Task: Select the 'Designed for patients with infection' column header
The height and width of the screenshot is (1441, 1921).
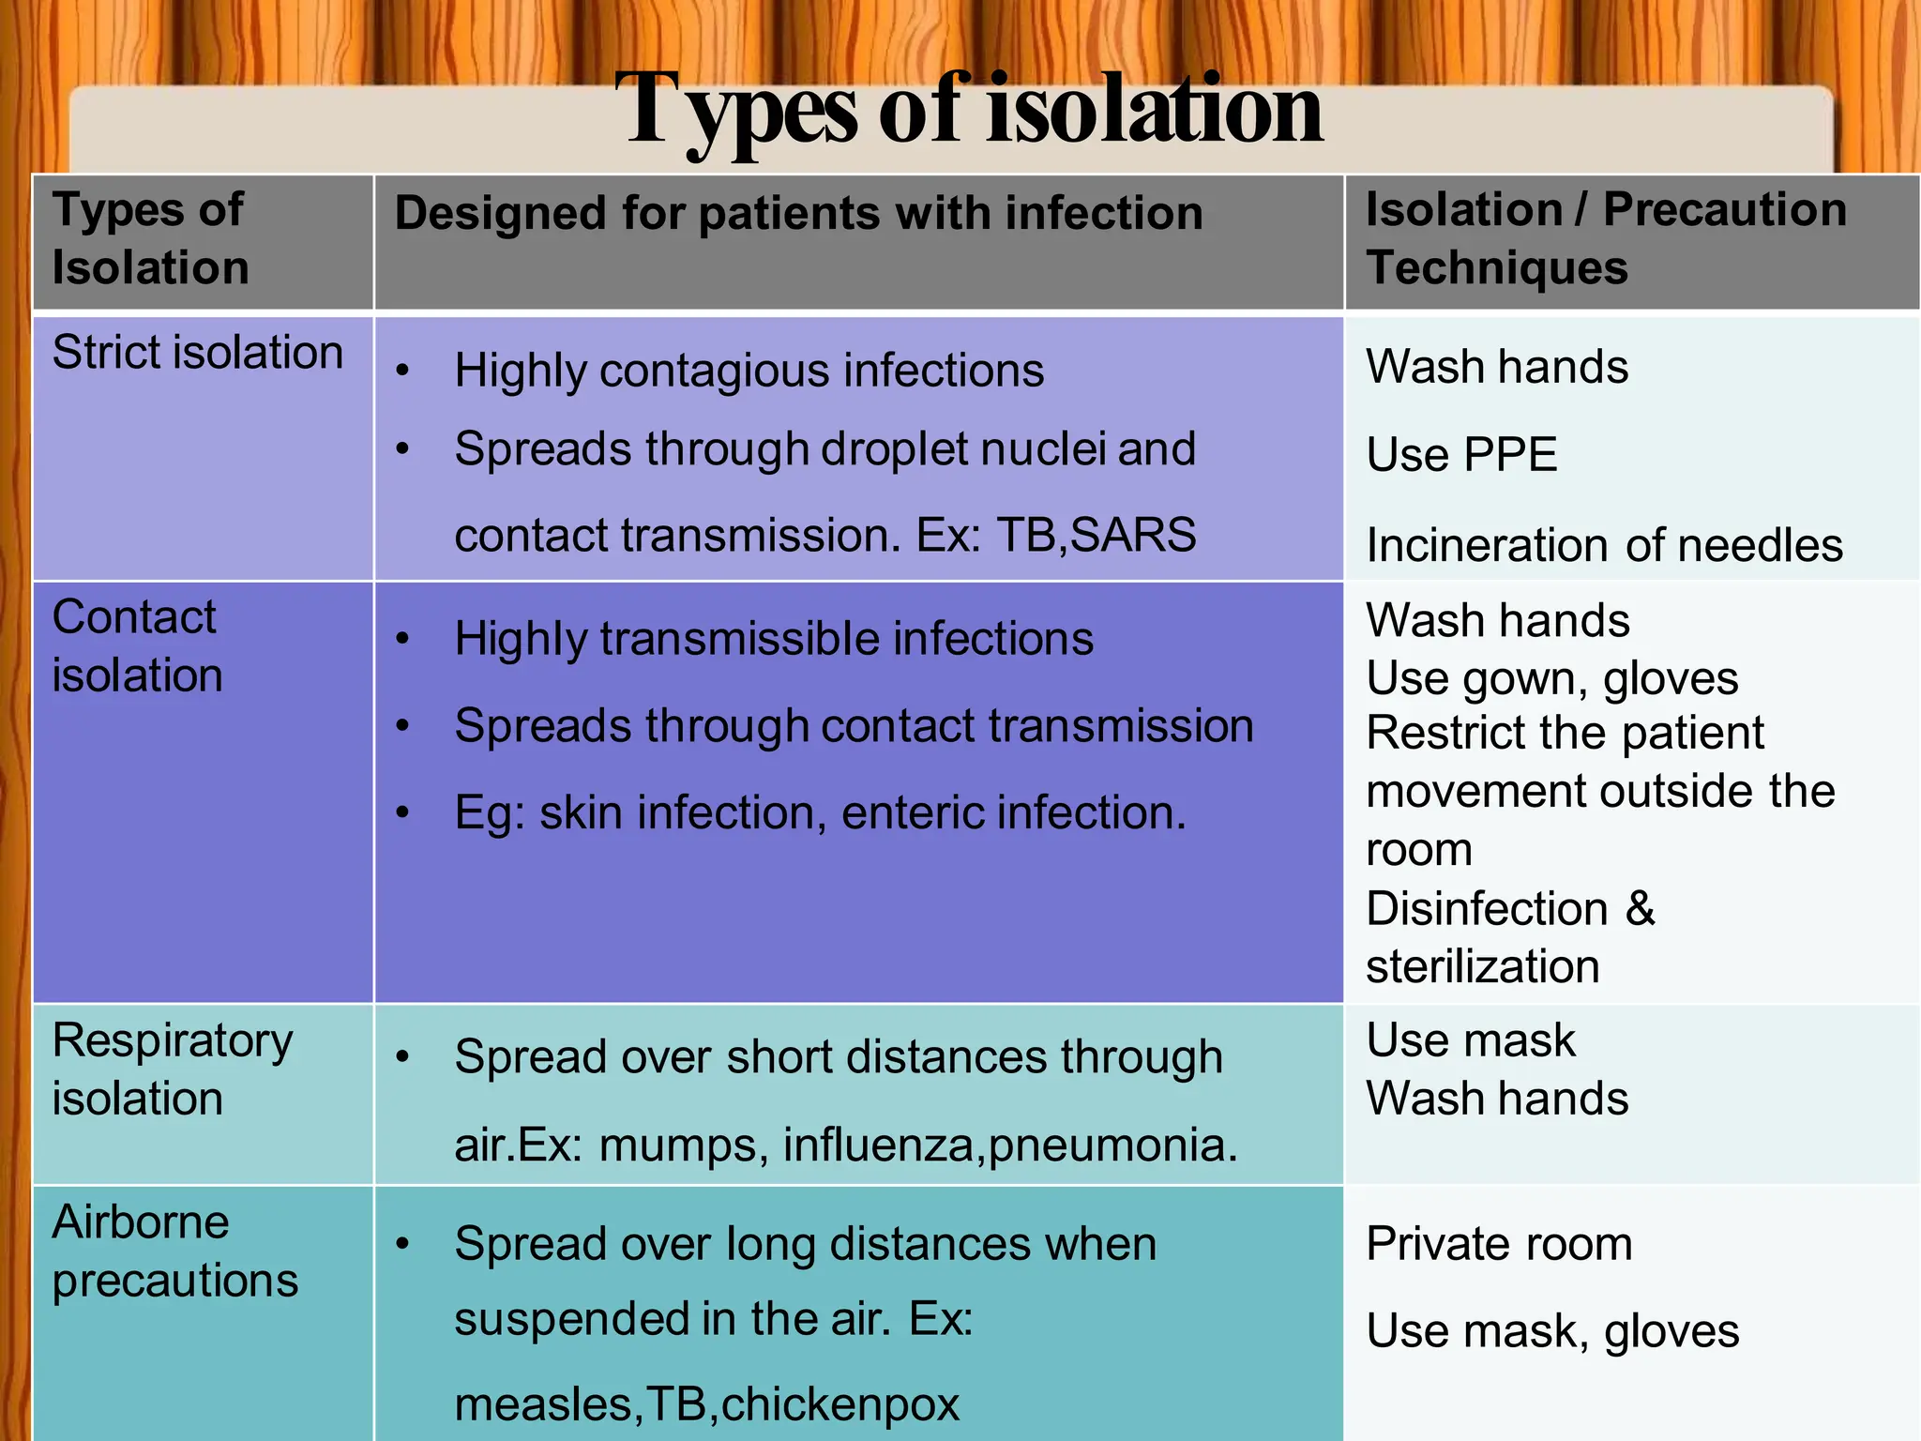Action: [798, 213]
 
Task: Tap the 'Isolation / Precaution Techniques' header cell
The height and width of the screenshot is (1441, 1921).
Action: [1605, 238]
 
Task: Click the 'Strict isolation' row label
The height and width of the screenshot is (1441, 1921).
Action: [198, 353]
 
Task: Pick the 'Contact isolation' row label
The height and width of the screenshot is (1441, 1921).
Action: [137, 646]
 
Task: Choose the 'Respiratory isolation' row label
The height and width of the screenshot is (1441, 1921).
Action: [172, 1069]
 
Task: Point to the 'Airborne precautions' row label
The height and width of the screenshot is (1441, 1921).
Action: [174, 1251]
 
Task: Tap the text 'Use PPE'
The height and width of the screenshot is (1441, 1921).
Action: [1460, 455]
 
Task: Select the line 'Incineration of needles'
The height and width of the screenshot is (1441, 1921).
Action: [1604, 545]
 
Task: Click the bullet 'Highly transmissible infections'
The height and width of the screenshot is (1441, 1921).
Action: [774, 639]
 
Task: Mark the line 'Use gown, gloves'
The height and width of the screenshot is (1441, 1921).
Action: [1551, 678]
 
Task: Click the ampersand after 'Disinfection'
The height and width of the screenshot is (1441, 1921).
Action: [1640, 908]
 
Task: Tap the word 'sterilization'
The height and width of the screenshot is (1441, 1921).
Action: [1482, 966]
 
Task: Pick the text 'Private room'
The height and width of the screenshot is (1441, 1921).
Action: [1498, 1244]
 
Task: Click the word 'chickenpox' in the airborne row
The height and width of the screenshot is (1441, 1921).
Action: [840, 1404]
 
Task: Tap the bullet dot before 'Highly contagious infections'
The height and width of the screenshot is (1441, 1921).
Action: [402, 371]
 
